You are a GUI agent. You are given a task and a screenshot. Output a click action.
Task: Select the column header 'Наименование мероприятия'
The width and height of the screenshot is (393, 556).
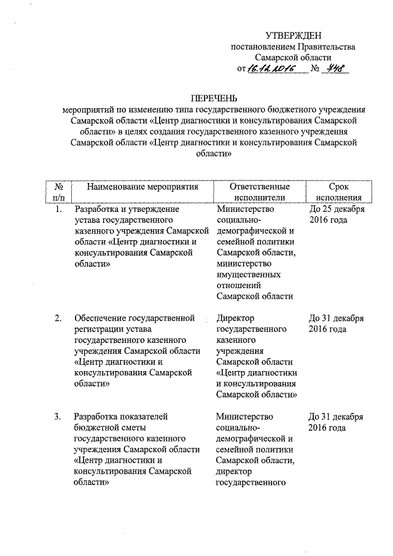142,186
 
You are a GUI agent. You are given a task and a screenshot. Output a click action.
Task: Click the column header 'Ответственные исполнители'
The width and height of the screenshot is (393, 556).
259,191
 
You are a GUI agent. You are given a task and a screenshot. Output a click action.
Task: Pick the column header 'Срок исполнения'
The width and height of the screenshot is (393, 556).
338,191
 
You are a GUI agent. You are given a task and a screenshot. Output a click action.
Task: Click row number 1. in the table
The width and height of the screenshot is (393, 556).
58,209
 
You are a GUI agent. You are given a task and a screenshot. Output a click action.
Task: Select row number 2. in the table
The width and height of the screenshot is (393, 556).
58,318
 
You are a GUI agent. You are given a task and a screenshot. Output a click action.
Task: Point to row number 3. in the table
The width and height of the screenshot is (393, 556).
58,417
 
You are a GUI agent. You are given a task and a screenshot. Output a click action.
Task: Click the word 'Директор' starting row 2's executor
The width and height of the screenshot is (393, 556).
236,318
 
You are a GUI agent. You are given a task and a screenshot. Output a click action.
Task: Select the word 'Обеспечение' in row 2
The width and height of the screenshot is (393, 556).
98,318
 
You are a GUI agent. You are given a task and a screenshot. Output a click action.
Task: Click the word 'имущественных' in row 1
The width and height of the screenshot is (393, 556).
246,275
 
